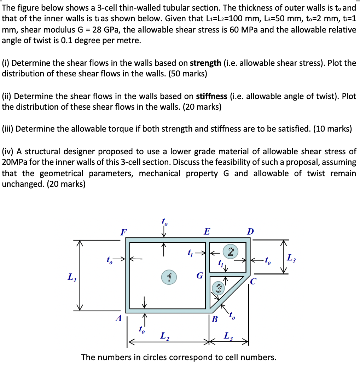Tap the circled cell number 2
pos(231,252)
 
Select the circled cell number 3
pos(218,289)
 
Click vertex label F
pos(123,232)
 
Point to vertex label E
pos(207,232)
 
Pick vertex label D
pos(250,232)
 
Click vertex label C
pos(253,282)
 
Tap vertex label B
pos(215,320)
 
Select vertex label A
pos(118,318)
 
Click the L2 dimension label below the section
pos(164,336)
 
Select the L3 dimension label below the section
pos(228,336)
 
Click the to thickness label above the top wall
pos(164,222)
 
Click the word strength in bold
pos(206,63)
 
